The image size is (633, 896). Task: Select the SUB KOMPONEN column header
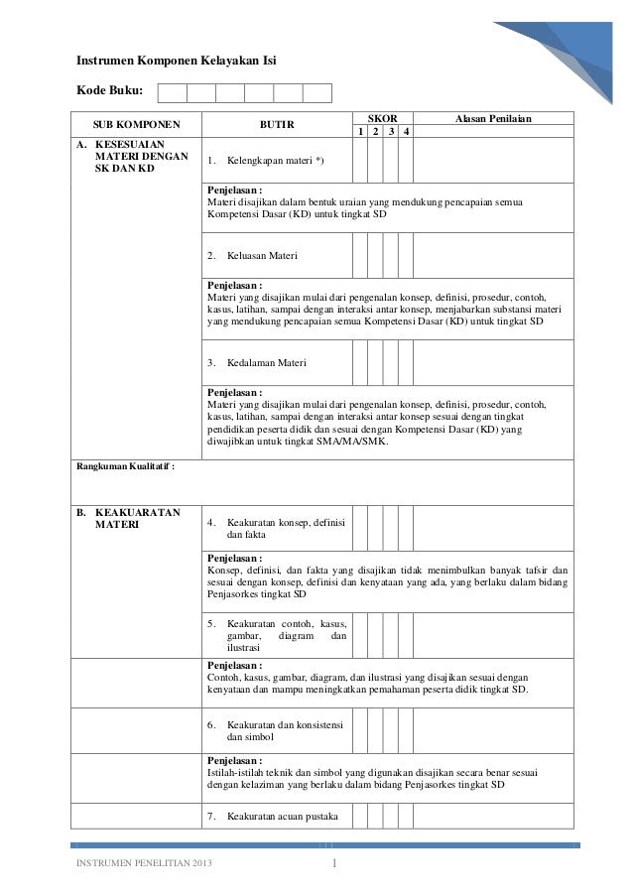coord(136,126)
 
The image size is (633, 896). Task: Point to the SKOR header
coord(382,118)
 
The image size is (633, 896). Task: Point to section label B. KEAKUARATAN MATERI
coord(129,519)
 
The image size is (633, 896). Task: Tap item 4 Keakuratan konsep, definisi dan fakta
coord(276,528)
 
